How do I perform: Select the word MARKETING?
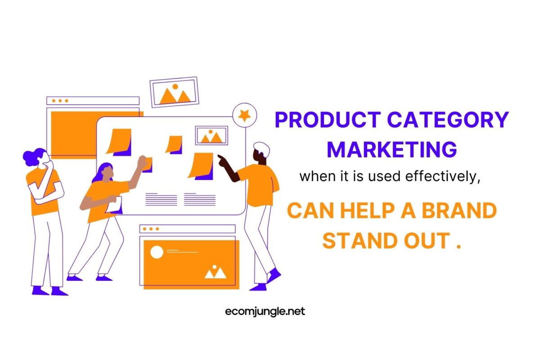[391, 149]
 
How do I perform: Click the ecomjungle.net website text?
[265, 311]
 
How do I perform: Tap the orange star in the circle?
[244, 116]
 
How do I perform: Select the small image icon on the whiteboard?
[211, 135]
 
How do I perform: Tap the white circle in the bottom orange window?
[157, 252]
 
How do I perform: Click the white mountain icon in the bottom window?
[215, 272]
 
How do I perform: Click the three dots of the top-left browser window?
[60, 101]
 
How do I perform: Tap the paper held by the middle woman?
[115, 204]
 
